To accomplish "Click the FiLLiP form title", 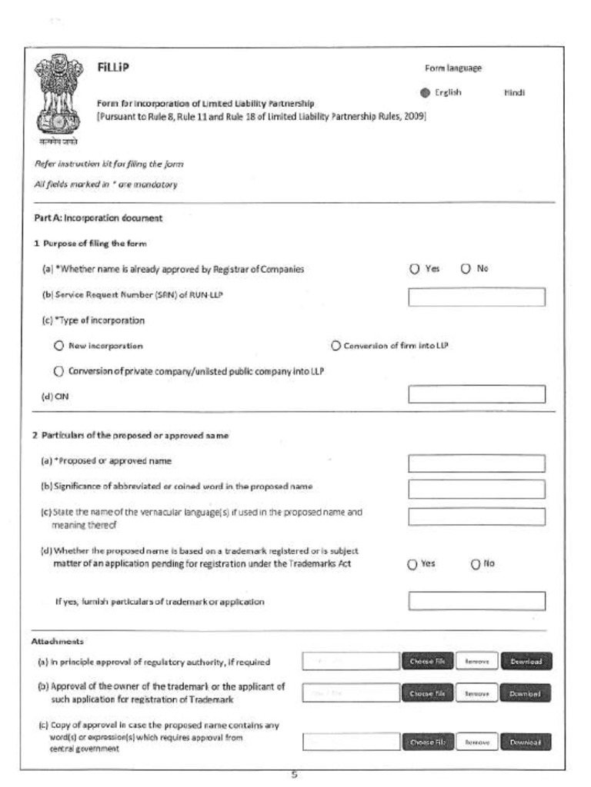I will (x=113, y=67).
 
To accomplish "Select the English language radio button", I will (x=425, y=93).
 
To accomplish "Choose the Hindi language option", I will (x=513, y=92).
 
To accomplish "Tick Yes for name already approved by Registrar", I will (x=415, y=269).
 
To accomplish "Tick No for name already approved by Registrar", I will (x=466, y=269).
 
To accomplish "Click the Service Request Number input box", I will (x=476, y=297).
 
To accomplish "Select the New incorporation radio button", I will (x=58, y=346).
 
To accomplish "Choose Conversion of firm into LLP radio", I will (x=336, y=346).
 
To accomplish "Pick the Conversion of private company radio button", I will (x=58, y=371).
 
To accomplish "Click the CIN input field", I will (x=476, y=394).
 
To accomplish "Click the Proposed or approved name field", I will (x=476, y=463).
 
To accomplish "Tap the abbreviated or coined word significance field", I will (x=476, y=489).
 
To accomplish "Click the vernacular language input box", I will (x=476, y=516).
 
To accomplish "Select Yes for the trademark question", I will (x=413, y=564).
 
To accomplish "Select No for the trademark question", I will (x=476, y=564).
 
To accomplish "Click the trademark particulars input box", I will (x=476, y=601).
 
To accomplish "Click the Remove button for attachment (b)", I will (x=476, y=693).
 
